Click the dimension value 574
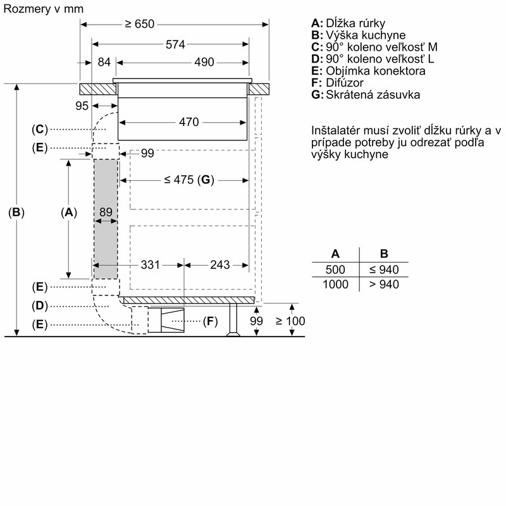[x=170, y=44]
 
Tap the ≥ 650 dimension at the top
[x=139, y=24]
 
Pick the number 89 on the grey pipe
[x=106, y=213]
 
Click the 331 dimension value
[x=151, y=264]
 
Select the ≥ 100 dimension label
[x=290, y=321]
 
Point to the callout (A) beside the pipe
[x=68, y=213]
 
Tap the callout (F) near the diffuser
[x=210, y=321]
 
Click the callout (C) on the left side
[x=39, y=129]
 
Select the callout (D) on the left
[x=39, y=305]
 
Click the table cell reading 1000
[x=335, y=285]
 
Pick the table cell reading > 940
[x=383, y=285]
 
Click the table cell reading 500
[x=335, y=270]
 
